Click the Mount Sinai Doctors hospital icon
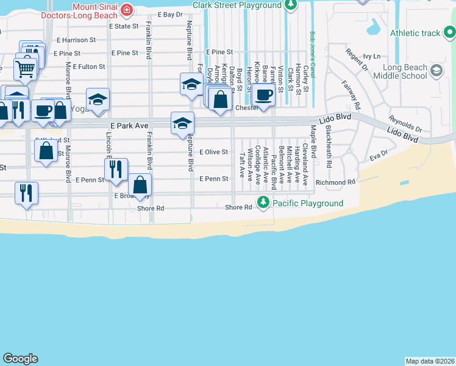coord(127,9)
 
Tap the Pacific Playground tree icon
coord(263,203)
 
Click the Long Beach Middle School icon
coord(436,71)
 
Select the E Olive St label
coord(213,152)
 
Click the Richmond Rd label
coord(335,182)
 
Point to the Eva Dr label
coord(378,157)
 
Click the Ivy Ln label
coord(371,56)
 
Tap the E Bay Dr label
coord(170,14)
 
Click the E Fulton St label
coord(88,66)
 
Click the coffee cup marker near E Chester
coord(263,96)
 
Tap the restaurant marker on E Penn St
coord(116,170)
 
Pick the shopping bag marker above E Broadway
coord(140,185)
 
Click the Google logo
coord(21,359)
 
